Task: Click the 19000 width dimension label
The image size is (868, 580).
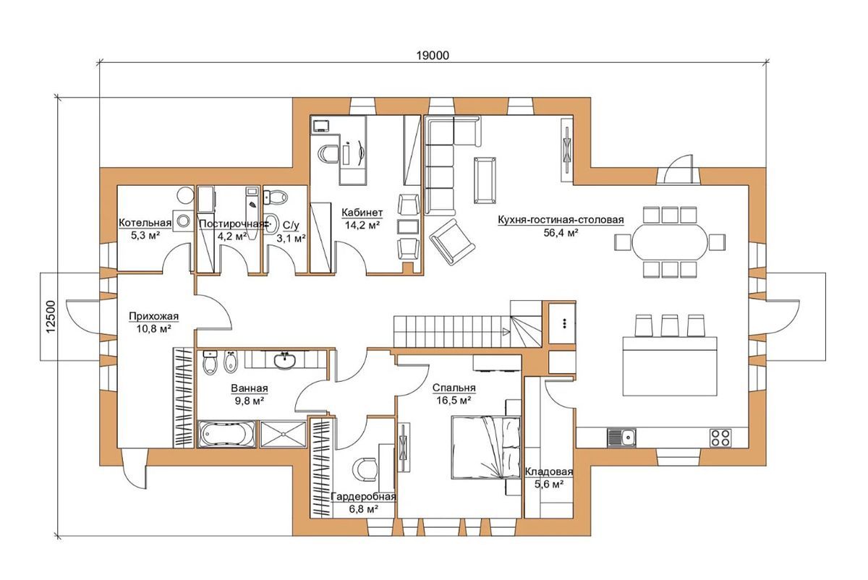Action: [x=433, y=56]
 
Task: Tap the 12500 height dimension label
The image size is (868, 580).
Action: [x=51, y=317]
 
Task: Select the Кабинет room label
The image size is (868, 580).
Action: [x=362, y=213]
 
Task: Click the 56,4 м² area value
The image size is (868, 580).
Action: [x=561, y=233]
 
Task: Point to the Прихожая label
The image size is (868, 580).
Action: [x=154, y=316]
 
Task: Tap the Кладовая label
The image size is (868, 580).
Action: [x=549, y=472]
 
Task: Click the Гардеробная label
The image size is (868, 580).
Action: [x=363, y=497]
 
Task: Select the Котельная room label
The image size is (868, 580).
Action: [x=145, y=223]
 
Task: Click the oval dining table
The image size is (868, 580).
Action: [x=670, y=242]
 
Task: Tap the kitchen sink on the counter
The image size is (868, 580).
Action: [x=621, y=438]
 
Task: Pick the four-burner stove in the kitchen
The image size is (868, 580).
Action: [x=720, y=438]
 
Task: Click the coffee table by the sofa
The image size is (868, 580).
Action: [x=485, y=180]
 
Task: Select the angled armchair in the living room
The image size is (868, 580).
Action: [x=452, y=242]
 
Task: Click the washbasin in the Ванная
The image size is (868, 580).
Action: [x=285, y=360]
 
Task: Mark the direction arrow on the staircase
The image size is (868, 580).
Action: [x=506, y=332]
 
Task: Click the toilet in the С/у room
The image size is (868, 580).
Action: [x=276, y=197]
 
